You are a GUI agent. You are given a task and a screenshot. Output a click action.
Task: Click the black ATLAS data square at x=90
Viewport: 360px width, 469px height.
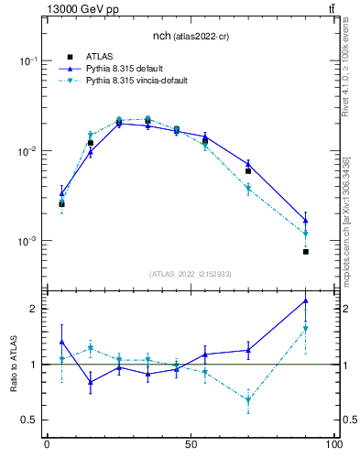pos(305,251)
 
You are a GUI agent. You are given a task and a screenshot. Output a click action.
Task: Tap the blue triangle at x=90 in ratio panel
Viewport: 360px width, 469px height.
pos(305,301)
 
